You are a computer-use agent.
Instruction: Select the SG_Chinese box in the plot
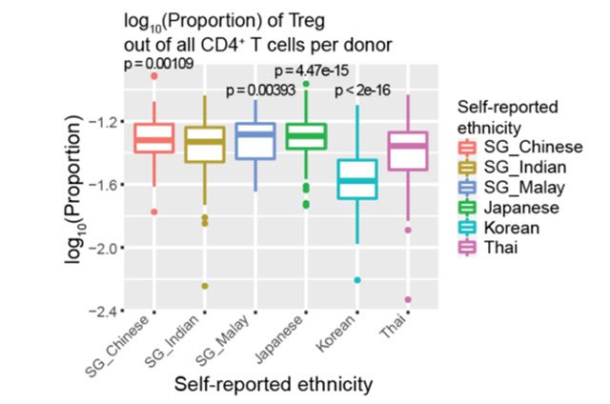point(153,138)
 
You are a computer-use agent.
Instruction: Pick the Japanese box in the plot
point(306,135)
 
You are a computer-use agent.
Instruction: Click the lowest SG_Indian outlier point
point(204,286)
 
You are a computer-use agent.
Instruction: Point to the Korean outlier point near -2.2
point(357,280)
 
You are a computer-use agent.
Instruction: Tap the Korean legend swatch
point(469,228)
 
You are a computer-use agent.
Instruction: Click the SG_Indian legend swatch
point(469,166)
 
